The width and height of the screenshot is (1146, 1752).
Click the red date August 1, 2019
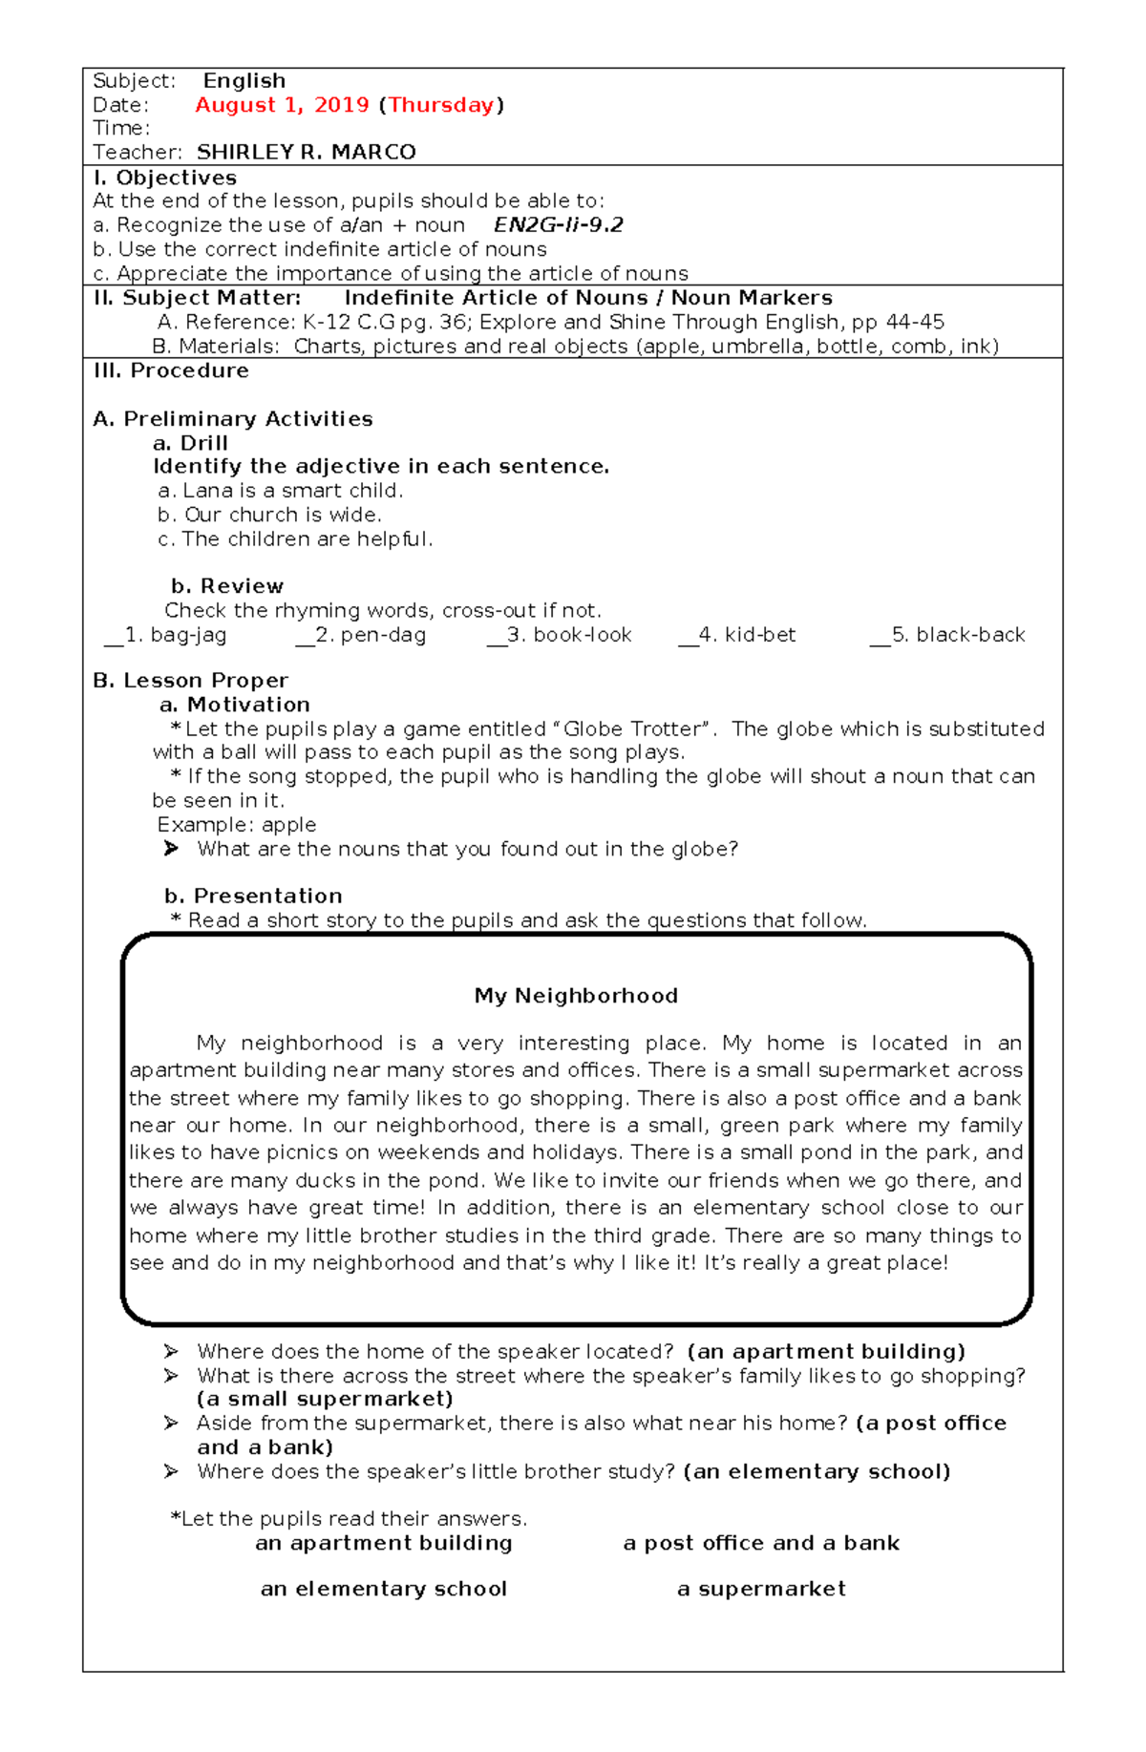[282, 105]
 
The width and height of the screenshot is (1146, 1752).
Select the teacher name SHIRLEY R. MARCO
[306, 153]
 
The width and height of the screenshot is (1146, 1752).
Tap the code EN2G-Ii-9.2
[558, 225]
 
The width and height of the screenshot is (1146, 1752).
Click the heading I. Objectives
[164, 178]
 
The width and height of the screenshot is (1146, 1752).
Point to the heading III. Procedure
[171, 370]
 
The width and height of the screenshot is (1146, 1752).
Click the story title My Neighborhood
[576, 996]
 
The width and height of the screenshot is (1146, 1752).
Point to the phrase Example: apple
[237, 825]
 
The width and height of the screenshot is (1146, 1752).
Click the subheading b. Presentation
[253, 896]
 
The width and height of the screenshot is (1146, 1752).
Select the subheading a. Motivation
[235, 705]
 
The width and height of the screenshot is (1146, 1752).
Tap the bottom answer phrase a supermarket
[761, 1589]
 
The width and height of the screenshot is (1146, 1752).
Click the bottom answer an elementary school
[383, 1589]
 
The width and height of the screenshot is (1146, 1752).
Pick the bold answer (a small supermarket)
[325, 1399]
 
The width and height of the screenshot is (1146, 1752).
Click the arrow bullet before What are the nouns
[171, 849]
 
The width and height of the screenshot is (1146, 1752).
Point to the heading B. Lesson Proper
[190, 681]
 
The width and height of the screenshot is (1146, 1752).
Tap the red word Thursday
[441, 105]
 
